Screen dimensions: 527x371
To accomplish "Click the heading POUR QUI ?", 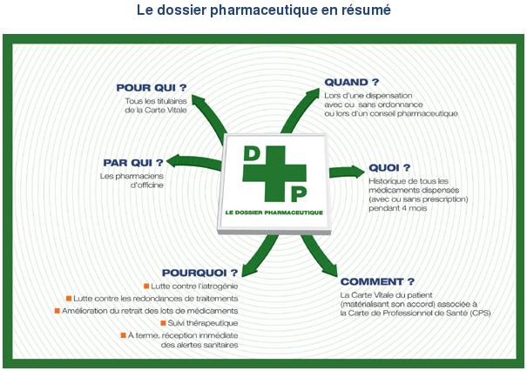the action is [152, 88].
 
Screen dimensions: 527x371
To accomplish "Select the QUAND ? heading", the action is [352, 82].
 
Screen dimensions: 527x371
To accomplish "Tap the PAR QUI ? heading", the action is [133, 163].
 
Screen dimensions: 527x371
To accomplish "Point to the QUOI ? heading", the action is [389, 168].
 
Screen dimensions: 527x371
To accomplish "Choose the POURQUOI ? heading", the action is [199, 273].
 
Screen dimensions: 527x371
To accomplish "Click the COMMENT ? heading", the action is [377, 281].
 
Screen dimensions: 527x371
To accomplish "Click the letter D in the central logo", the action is [252, 153].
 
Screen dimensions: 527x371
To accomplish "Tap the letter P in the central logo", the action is [299, 194].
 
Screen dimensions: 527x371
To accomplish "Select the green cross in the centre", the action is [274, 173].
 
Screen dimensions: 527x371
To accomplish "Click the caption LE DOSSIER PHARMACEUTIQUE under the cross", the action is [274, 212].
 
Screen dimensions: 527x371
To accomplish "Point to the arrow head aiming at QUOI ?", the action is [357, 172].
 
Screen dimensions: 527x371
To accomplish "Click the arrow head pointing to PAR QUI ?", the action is [174, 161].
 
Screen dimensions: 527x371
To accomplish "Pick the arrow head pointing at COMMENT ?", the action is [331, 270].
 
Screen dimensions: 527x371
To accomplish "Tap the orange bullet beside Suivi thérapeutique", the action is [164, 323].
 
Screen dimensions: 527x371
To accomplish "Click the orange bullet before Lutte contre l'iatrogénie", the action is [146, 286].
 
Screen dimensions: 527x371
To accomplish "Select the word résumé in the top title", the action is [366, 10].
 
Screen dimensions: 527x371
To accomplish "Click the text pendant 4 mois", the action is [397, 208].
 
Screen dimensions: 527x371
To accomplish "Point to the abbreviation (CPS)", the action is [480, 314].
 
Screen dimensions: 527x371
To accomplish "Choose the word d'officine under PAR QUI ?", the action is [147, 185].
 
